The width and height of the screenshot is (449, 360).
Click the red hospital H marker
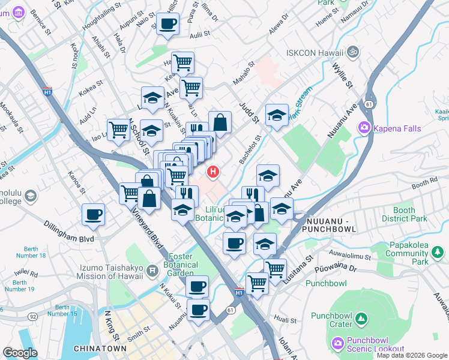[212, 173]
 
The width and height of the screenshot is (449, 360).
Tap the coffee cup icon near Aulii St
[167, 24]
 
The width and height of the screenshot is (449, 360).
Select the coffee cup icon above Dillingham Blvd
[93, 214]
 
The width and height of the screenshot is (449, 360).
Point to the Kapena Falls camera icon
[364, 128]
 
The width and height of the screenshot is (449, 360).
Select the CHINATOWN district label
[100, 349]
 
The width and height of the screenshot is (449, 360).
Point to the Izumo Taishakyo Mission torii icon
[154, 271]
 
